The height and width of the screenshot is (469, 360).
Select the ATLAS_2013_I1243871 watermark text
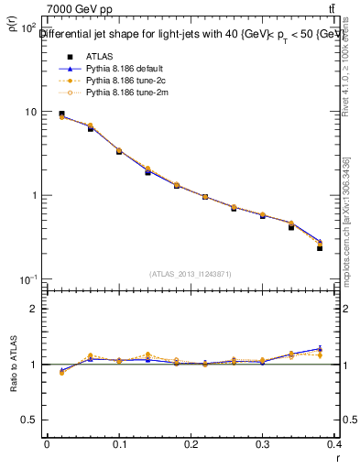(x=191, y=274)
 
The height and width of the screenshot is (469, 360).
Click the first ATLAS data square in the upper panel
(x=61, y=114)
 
